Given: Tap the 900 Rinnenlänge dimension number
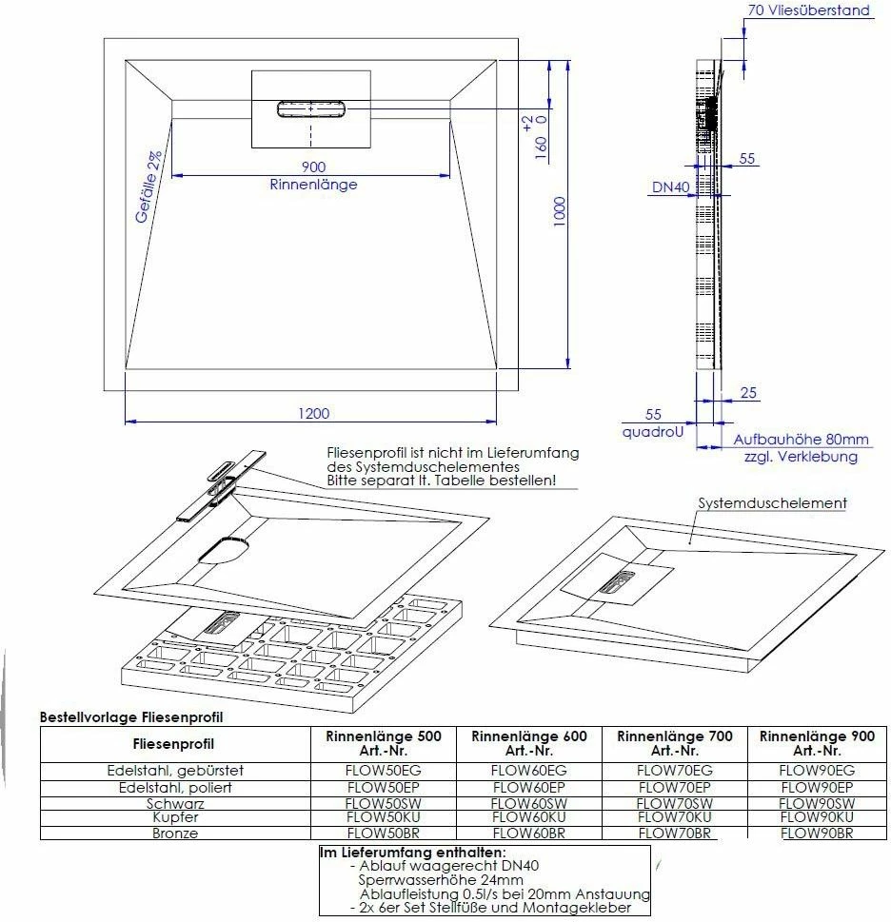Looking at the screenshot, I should tap(313, 167).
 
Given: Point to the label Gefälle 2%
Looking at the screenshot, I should tap(148, 188).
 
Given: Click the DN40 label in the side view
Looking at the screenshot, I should tap(670, 187).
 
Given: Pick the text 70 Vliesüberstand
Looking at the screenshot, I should tap(809, 11).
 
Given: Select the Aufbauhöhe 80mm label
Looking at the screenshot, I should tap(801, 440).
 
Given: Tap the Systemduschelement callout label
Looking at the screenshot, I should tap(772, 502).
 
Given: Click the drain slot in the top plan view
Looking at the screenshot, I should tap(310, 108).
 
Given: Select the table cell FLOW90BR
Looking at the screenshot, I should tap(816, 834).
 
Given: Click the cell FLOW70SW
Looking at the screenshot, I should tap(674, 803).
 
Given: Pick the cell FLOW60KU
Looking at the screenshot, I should tap(529, 817).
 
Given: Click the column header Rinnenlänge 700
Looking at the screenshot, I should tap(675, 736).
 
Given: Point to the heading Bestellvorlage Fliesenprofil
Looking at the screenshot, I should tap(130, 717).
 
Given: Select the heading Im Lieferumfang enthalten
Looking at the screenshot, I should tap(412, 853).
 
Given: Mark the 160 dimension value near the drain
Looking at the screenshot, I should tap(541, 148).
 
